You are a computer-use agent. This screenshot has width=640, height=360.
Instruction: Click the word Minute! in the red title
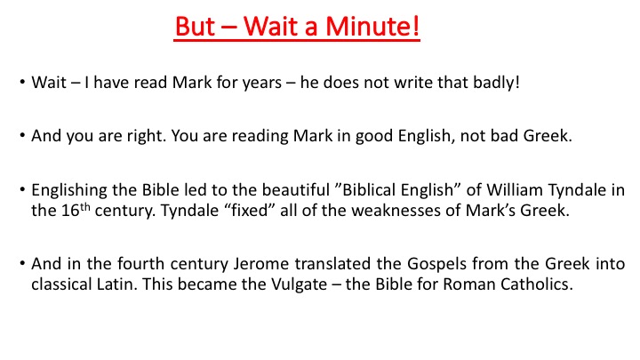click(372, 26)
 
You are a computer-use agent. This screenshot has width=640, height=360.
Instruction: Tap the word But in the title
click(195, 26)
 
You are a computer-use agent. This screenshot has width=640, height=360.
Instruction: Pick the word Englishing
click(69, 190)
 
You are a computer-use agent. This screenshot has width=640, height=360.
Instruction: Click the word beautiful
click(295, 190)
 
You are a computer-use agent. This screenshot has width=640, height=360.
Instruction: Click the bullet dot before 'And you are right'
click(22, 135)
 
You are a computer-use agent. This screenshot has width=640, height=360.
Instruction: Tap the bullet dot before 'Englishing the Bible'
click(22, 189)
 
